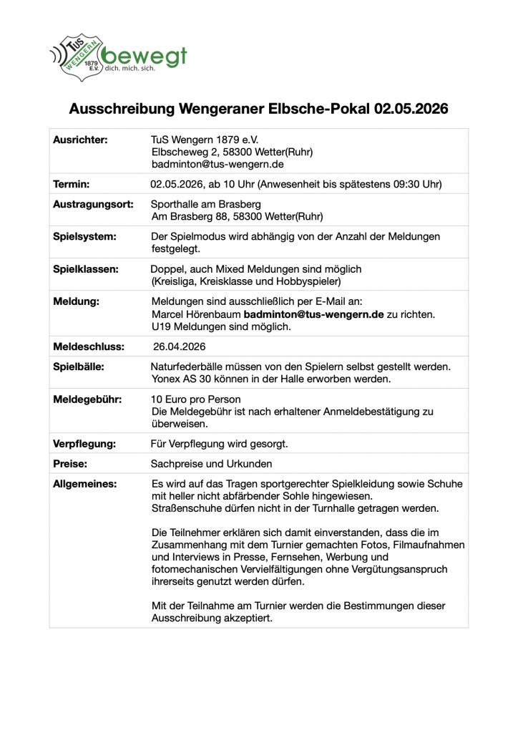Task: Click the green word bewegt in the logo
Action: pyautogui.click(x=143, y=55)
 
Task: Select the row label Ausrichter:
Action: pyautogui.click(x=80, y=140)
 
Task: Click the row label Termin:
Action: pyautogui.click(x=72, y=184)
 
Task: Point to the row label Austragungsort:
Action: pyautogui.click(x=93, y=204)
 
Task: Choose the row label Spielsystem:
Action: pyautogui.click(x=84, y=236)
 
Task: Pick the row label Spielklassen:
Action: pyautogui.click(x=86, y=268)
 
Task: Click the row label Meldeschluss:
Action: pyautogui.click(x=89, y=346)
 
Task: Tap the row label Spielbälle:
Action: pyautogui.click(x=79, y=366)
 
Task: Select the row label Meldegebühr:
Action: pyautogui.click(x=87, y=399)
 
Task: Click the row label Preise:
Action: pyautogui.click(x=69, y=464)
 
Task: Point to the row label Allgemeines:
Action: pyautogui.click(x=84, y=484)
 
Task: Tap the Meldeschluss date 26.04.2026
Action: pyautogui.click(x=180, y=346)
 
